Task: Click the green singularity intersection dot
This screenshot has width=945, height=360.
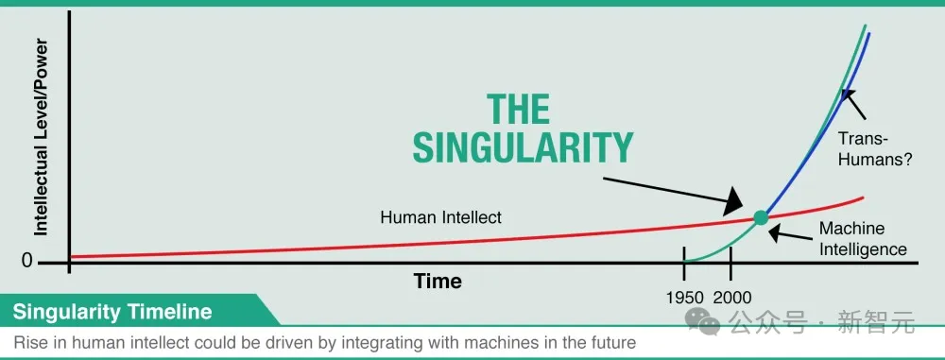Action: pyautogui.click(x=761, y=217)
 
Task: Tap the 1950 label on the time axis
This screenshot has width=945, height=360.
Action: pyautogui.click(x=685, y=298)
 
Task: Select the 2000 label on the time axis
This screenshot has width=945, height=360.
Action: pyautogui.click(x=733, y=298)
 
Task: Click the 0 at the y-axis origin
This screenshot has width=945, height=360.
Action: pyautogui.click(x=26, y=261)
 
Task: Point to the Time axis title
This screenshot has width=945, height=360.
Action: pyautogui.click(x=438, y=281)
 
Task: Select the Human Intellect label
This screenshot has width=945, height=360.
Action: pyautogui.click(x=440, y=217)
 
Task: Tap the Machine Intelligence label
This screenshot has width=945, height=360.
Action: pyautogui.click(x=863, y=239)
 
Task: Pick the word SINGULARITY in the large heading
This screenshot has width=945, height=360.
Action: pyautogui.click(x=524, y=147)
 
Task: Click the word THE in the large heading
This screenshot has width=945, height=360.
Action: pyautogui.click(x=519, y=110)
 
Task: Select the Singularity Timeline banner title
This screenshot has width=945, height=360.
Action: pyautogui.click(x=112, y=312)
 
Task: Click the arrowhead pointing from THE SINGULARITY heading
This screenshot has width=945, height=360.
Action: pyautogui.click(x=733, y=201)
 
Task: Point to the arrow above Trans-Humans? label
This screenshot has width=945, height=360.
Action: pyautogui.click(x=853, y=104)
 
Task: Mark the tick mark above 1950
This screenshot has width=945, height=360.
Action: pyautogui.click(x=684, y=263)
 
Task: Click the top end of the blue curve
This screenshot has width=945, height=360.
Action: pyautogui.click(x=869, y=33)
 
